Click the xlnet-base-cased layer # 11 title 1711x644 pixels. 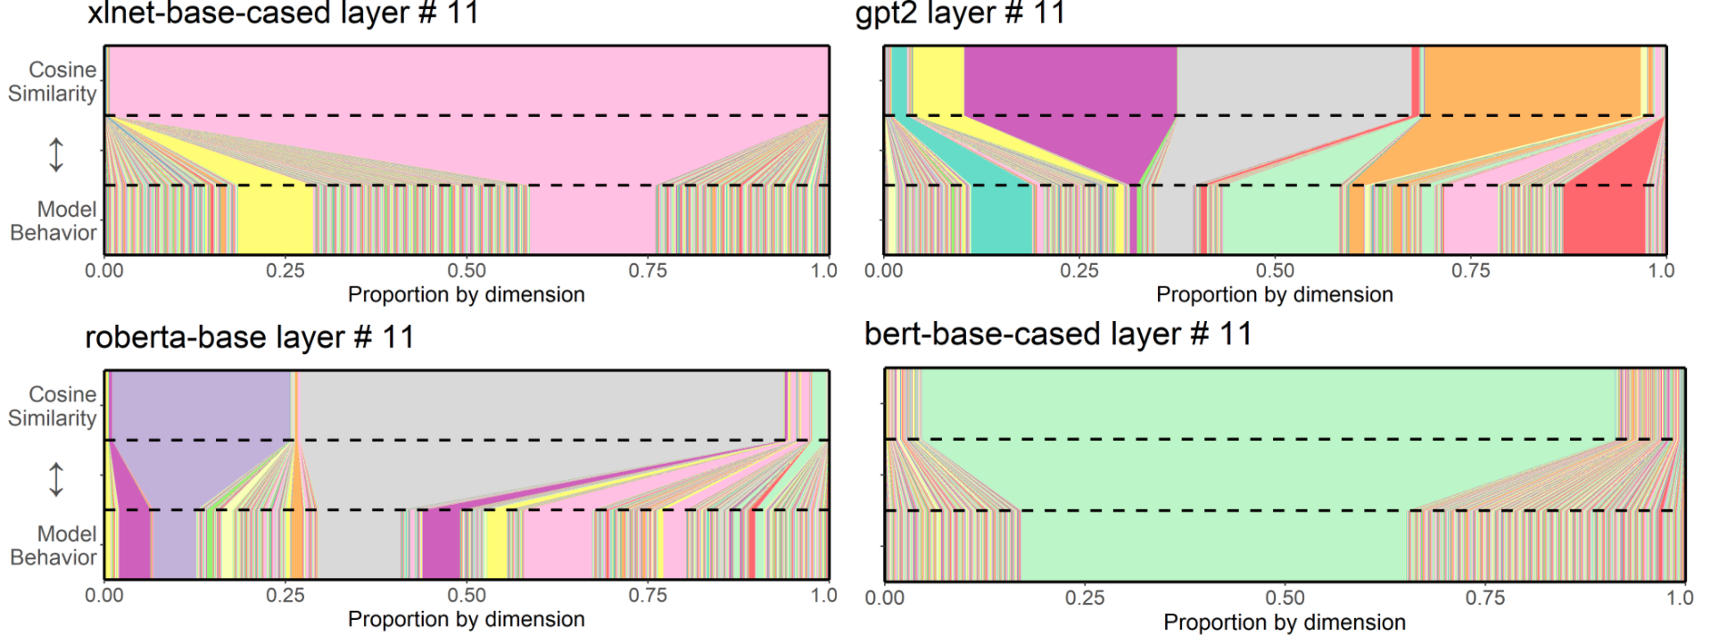pyautogui.click(x=283, y=13)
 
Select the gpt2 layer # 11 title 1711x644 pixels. pyautogui.click(x=960, y=13)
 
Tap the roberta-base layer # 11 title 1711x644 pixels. pyautogui.click(x=250, y=337)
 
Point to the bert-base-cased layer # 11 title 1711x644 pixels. pyautogui.click(x=1058, y=334)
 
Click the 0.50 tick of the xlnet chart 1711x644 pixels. pyautogui.click(x=467, y=270)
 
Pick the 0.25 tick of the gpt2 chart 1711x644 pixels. pyautogui.click(x=1079, y=270)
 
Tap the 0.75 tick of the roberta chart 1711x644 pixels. pyautogui.click(x=648, y=595)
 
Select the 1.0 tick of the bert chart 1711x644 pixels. pyautogui.click(x=1680, y=598)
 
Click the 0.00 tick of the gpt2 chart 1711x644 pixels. pyautogui.click(x=884, y=270)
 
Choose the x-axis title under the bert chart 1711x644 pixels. pyautogui.click(x=1285, y=622)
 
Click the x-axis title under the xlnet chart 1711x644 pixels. pyautogui.click(x=467, y=294)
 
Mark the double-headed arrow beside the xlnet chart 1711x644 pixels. pyautogui.click(x=56, y=154)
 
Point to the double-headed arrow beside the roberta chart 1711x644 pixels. pyautogui.click(x=56, y=479)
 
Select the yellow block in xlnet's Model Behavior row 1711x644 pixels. pyautogui.click(x=276, y=219)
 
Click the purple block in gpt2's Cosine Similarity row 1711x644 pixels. pyautogui.click(x=1070, y=80)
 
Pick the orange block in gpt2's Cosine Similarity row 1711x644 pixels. pyautogui.click(x=1531, y=80)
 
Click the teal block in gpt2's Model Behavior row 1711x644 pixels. pyautogui.click(x=1001, y=219)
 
